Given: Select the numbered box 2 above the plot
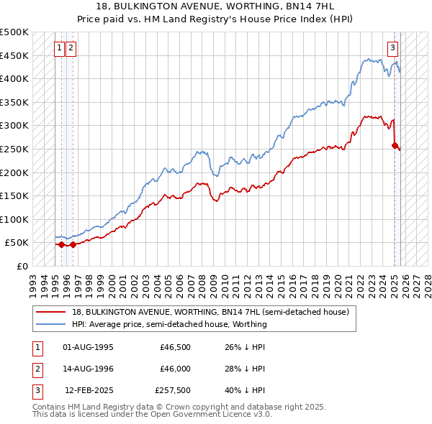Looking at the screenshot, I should pos(71,48).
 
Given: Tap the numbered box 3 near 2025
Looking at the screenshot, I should pos(392,48).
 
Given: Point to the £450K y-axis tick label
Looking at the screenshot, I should pos(14,55).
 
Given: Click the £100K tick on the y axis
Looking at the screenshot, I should pos(14,219).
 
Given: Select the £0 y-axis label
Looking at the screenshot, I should pos(22,266).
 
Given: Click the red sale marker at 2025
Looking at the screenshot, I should pos(395,145).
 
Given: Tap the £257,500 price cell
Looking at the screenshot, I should pos(173,390).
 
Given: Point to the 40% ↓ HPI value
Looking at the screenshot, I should pos(243,390).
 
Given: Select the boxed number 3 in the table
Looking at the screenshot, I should pos(36,390).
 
